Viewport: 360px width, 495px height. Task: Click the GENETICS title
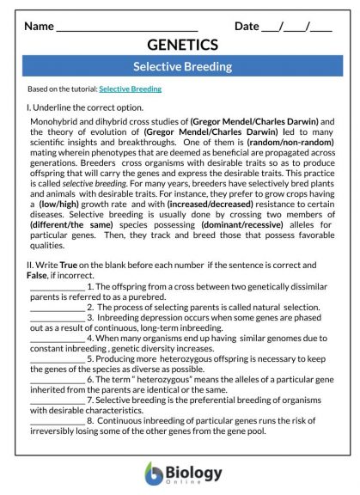pos(182,45)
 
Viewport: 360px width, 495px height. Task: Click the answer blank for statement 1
pos(57,287)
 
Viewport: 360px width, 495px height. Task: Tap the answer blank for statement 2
pos(57,307)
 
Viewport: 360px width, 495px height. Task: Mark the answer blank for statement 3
pos(57,317)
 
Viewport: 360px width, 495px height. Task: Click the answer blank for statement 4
pos(57,338)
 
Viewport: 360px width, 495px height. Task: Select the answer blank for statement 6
pos(57,378)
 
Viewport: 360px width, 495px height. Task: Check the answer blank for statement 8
pos(57,419)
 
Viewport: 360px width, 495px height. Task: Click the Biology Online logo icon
pos(153,472)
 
